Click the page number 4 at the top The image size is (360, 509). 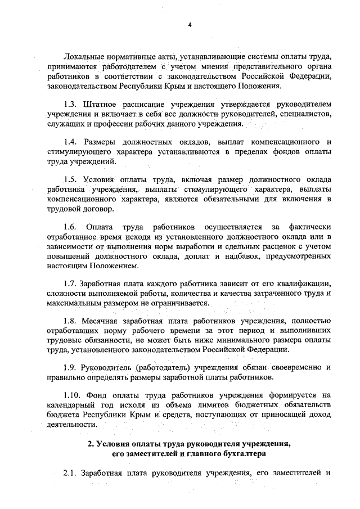190,24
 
